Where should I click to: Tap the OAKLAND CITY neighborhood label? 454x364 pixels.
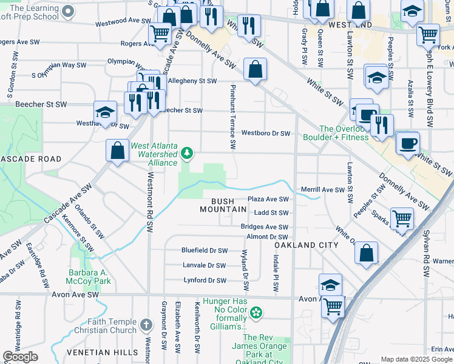coord(306,244)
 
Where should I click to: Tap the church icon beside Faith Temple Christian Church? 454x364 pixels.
coord(146,325)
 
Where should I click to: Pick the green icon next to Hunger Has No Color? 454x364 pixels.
coord(257,313)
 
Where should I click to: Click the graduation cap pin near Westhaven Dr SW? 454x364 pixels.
coord(105,113)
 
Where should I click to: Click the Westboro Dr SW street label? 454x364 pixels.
coord(266,133)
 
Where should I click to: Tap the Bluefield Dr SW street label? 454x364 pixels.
coord(205,250)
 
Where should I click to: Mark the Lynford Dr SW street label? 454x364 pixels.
coord(205,280)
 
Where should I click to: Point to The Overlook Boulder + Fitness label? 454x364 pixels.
coord(344,133)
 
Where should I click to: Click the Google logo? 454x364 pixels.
coord(21,357)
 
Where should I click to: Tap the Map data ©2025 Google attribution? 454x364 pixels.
coord(416,359)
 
